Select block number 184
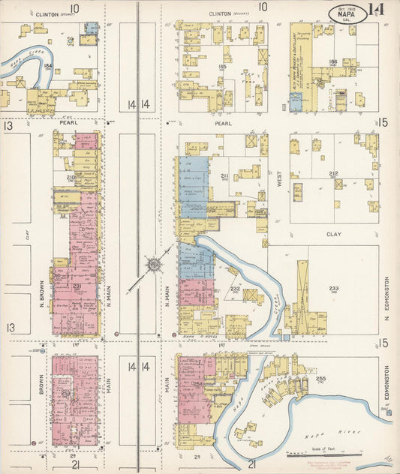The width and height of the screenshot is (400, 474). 48,67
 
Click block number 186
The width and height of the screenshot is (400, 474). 333,62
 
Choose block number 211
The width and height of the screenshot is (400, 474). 224,175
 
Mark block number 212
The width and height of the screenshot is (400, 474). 333,175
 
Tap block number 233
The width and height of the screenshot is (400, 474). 334,288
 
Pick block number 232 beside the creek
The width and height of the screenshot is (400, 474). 234,289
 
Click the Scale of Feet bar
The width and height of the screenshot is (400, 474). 338,453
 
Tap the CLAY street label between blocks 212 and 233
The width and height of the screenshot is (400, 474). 333,234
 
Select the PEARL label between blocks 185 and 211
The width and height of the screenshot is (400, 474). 223,123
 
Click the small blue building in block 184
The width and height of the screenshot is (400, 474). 91,28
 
